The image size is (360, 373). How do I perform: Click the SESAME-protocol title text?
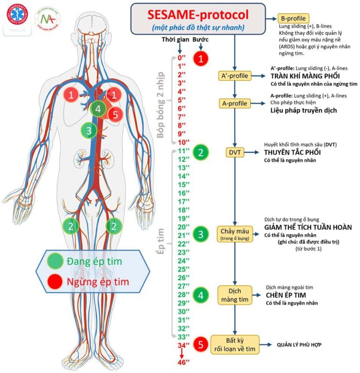198,14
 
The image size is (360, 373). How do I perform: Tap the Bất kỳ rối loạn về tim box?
234,345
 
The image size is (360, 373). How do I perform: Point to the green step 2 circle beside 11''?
200,152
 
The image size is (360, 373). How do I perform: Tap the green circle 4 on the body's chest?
97,109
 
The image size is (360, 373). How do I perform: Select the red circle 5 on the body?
115,114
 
